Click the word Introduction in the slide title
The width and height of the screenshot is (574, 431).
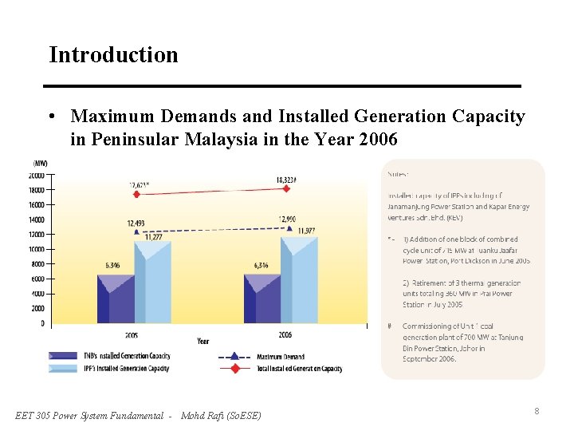[x=113, y=55]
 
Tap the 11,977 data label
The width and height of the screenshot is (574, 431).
[x=306, y=231]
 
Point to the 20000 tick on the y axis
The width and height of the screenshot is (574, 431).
[x=37, y=176]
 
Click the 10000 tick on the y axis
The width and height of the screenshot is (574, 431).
[x=37, y=250]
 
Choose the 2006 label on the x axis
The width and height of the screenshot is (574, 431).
[x=284, y=334]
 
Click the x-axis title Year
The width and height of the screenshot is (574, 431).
[x=203, y=341]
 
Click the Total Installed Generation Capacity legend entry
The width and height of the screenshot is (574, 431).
[x=299, y=369]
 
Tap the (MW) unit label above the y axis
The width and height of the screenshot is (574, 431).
[x=40, y=164]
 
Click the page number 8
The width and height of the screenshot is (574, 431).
[x=537, y=411]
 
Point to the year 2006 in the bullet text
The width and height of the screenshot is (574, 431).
[x=378, y=139]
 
